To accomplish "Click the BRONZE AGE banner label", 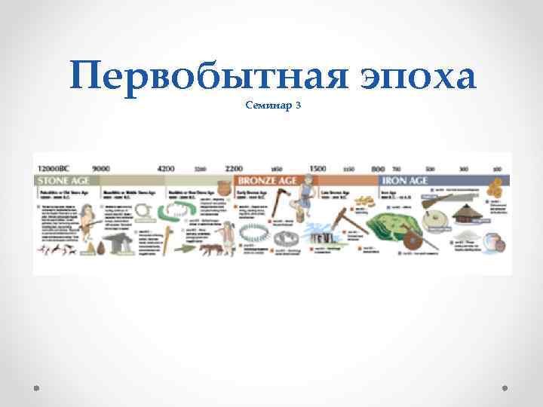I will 268,181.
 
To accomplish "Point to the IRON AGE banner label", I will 405,181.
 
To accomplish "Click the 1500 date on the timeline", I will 318,168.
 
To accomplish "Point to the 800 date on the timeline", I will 378,168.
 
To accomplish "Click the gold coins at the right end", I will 495,188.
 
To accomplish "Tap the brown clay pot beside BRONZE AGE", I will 223,188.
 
